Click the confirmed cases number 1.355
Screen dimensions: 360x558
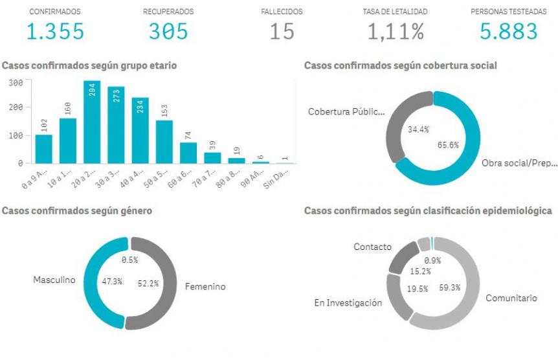click(55, 31)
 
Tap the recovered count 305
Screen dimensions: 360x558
click(168, 31)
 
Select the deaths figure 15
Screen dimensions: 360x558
click(282, 31)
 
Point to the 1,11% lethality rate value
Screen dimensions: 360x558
click(396, 31)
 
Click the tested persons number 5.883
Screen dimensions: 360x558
click(509, 31)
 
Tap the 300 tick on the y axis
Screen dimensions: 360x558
click(16, 83)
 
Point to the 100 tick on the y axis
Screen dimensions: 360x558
click(16, 136)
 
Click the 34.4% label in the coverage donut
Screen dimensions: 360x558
click(419, 130)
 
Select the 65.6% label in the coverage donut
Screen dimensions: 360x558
click(448, 145)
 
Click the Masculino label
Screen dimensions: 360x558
click(54, 280)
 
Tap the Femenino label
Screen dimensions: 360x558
click(205, 286)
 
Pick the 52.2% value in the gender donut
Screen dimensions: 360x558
click(148, 283)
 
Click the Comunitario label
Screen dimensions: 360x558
click(511, 298)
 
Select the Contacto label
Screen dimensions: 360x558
click(372, 247)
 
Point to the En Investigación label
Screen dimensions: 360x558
click(348, 303)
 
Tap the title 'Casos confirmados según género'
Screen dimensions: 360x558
click(77, 210)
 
